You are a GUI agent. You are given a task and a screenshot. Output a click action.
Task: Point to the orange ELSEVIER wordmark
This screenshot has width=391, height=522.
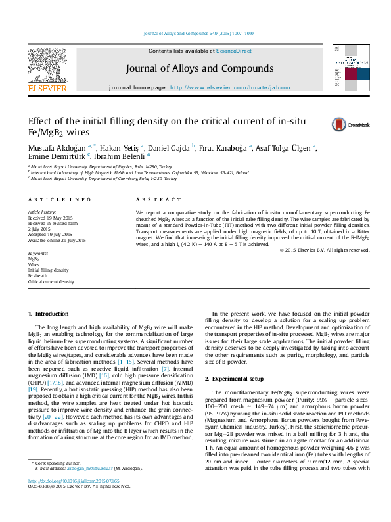(47, 88)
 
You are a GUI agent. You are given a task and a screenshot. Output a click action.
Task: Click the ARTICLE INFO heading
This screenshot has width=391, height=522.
(60, 199)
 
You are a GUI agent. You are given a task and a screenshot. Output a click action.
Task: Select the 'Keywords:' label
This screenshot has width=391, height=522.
(38, 253)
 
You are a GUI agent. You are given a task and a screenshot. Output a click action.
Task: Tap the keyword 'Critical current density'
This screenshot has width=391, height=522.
(51, 281)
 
